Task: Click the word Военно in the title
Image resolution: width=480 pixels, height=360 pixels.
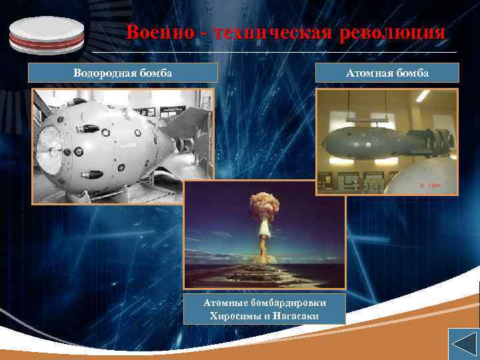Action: [x=155, y=32]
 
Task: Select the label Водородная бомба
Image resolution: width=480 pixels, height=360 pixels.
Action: [x=123, y=73]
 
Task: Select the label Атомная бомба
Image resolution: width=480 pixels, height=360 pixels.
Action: [x=388, y=73]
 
